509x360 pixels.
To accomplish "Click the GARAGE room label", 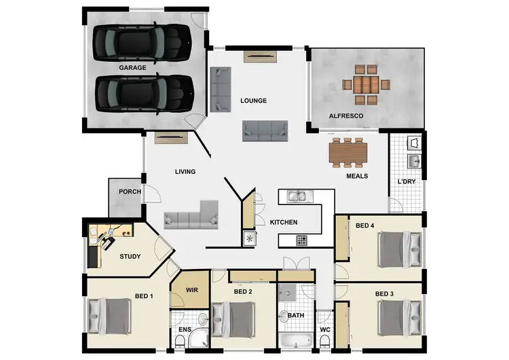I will [133, 69].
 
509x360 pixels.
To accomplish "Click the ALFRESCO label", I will [346, 117].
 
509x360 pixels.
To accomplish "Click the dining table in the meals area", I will [348, 154].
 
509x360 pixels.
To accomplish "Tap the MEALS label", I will [357, 176].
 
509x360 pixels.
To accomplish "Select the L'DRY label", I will [407, 181].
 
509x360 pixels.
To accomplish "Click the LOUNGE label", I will [253, 101].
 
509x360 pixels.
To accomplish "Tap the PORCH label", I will [130, 192].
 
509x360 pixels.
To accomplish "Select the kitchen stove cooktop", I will [300, 240].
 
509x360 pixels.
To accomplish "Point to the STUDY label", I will [130, 257].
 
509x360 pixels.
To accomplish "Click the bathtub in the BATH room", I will [295, 342].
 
